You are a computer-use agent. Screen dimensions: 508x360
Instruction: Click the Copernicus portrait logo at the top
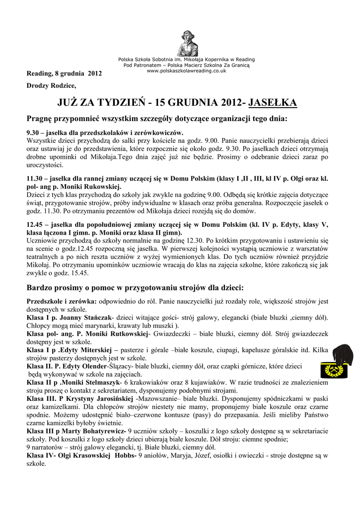pyautogui.click(x=188, y=43)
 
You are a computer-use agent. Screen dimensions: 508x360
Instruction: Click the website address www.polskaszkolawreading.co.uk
pyautogui.click(x=187, y=71)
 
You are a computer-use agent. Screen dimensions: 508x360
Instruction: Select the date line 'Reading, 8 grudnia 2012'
pyautogui.click(x=64, y=74)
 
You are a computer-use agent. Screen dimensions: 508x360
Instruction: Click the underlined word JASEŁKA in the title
pyautogui.click(x=272, y=103)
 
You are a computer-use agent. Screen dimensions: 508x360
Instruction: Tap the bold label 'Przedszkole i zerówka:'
pyautogui.click(x=62, y=302)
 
